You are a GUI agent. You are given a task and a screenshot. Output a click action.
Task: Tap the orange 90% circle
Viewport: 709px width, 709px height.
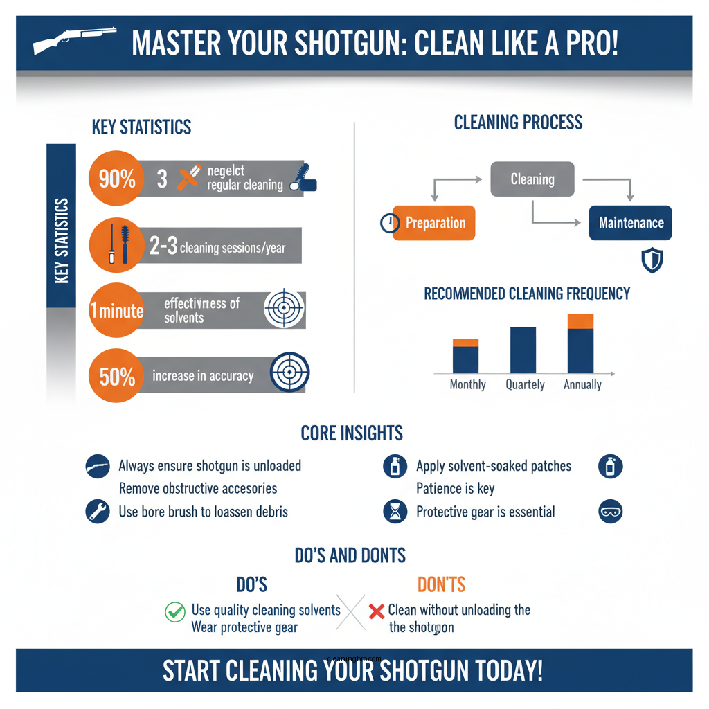pyautogui.click(x=117, y=179)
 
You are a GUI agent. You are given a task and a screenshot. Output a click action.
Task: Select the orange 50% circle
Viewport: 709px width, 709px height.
pyautogui.click(x=117, y=377)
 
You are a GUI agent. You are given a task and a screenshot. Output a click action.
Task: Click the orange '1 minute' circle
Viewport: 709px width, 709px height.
pyautogui.click(x=117, y=311)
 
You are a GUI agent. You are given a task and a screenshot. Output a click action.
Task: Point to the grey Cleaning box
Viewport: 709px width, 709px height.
pyautogui.click(x=532, y=179)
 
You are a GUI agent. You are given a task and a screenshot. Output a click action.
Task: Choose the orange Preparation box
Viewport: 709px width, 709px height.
pyautogui.click(x=434, y=223)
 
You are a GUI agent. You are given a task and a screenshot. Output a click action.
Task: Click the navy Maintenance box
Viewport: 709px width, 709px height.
pyautogui.click(x=630, y=223)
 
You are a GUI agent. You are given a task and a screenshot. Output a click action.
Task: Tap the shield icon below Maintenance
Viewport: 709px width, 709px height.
pyautogui.click(x=652, y=260)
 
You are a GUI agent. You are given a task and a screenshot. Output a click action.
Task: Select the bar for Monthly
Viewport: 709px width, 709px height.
pyautogui.click(x=465, y=357)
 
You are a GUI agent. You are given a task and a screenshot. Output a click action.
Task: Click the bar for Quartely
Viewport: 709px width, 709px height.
pyautogui.click(x=523, y=350)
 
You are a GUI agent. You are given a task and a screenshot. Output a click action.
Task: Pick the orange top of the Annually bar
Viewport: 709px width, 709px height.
pyautogui.click(x=580, y=321)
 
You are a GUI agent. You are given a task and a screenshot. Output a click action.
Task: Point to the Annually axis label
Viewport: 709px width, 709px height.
pyautogui.click(x=582, y=385)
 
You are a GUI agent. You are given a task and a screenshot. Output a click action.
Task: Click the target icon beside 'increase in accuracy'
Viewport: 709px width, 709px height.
pyautogui.click(x=289, y=374)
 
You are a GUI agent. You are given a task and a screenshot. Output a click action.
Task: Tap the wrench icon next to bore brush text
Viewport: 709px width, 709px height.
pyautogui.click(x=98, y=512)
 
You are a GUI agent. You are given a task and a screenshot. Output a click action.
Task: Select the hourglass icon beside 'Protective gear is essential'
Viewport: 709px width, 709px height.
pyautogui.click(x=395, y=512)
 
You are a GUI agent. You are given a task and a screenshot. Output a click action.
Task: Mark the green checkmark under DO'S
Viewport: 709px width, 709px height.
pyautogui.click(x=174, y=611)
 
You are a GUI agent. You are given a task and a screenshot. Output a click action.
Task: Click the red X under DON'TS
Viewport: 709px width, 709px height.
pyautogui.click(x=377, y=611)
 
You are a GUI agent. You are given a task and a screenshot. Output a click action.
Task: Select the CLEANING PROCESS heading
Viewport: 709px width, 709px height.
pyautogui.click(x=518, y=123)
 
